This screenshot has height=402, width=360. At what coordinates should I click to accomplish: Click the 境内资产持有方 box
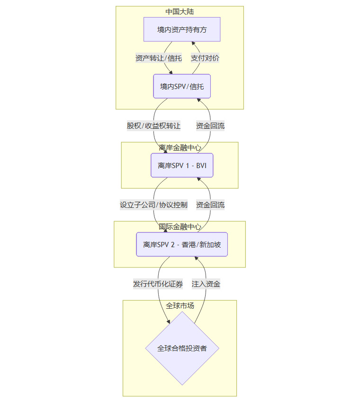[182, 29]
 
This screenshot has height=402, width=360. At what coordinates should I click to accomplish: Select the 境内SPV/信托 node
[182, 86]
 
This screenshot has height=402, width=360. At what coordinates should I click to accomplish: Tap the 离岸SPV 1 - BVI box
[182, 165]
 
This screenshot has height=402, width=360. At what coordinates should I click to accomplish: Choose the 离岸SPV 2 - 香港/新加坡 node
[182, 244]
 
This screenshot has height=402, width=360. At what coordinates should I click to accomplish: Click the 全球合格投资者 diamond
[182, 348]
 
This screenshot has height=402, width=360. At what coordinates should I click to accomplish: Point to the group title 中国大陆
[180, 11]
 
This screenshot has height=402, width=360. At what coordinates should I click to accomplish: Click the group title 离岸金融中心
[180, 148]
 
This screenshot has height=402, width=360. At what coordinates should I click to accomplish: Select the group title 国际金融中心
[180, 227]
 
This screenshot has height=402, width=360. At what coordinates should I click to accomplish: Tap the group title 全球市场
[180, 306]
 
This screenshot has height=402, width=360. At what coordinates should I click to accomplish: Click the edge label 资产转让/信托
[158, 58]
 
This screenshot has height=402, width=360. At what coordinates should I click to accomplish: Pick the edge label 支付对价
[205, 58]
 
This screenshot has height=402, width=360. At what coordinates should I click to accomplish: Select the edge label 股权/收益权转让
[153, 126]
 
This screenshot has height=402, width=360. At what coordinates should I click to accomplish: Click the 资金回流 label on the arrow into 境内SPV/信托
[210, 126]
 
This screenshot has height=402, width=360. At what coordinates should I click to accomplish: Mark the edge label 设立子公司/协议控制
[153, 205]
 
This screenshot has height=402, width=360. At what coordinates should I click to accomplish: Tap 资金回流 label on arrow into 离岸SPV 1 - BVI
[210, 205]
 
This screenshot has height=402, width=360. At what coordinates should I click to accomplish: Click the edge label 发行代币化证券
[158, 284]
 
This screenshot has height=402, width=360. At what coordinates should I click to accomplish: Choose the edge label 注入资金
[206, 284]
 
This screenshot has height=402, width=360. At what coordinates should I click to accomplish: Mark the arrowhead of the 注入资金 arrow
[196, 259]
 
